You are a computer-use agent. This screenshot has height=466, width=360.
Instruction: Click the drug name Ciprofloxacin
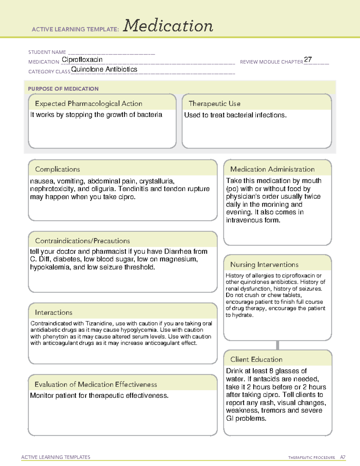coord(82,60)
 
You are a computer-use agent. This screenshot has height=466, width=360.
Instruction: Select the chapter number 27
coord(308,59)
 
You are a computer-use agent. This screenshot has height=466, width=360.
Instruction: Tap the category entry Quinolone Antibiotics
coord(104,69)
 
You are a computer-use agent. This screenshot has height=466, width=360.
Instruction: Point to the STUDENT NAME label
coord(47,52)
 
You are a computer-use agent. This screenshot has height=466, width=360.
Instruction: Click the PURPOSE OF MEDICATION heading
coord(63,89)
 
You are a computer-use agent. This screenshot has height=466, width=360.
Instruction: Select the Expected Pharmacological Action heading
coord(88,104)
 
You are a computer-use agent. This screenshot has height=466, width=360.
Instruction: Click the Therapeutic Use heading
coord(214,104)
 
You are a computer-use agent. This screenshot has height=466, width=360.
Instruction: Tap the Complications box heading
coord(57,169)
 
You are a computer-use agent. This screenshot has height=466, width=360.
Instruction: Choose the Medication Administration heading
coord(272,169)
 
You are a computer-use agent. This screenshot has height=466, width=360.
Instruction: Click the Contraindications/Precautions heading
coord(82,241)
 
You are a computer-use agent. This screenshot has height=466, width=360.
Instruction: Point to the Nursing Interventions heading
coord(264,264)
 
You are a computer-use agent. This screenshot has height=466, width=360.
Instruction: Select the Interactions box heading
coord(53,312)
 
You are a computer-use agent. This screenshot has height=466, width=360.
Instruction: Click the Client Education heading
coord(256,359)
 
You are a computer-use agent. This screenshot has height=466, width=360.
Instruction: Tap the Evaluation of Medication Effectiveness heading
coord(96,384)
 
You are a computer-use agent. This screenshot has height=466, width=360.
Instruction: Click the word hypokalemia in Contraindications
coord(49,267)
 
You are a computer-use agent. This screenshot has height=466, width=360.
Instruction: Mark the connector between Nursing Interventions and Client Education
coord(277,345)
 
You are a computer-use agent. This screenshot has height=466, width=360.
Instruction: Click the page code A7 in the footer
coord(343,457)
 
